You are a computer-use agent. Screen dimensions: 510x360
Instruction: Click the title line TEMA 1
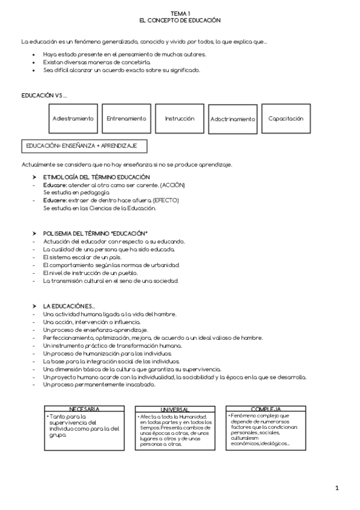pos(180,13)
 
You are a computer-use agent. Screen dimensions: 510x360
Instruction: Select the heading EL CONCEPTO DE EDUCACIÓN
pos(180,20)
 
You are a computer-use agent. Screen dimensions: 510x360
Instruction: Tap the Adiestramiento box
pos(73,118)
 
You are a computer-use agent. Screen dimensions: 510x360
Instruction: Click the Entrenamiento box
pos(126,118)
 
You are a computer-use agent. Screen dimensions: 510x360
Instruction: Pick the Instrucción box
pos(179,118)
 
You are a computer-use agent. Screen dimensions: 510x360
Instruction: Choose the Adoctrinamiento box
pos(233,119)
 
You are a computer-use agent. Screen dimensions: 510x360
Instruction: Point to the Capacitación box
pos(286,118)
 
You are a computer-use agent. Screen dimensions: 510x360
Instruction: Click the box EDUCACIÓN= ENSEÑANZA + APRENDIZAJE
pos(84,146)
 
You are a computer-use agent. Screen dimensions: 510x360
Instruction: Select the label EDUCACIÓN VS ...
pos(44,96)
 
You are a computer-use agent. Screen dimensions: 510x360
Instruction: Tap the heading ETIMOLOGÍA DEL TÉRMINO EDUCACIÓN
pos(96,177)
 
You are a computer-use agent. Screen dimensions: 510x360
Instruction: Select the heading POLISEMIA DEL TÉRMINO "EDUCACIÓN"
pos(95,233)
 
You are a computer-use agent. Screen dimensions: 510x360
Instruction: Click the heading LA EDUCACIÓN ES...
pos(69,306)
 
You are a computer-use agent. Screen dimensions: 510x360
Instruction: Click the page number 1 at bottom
pos(337,488)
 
